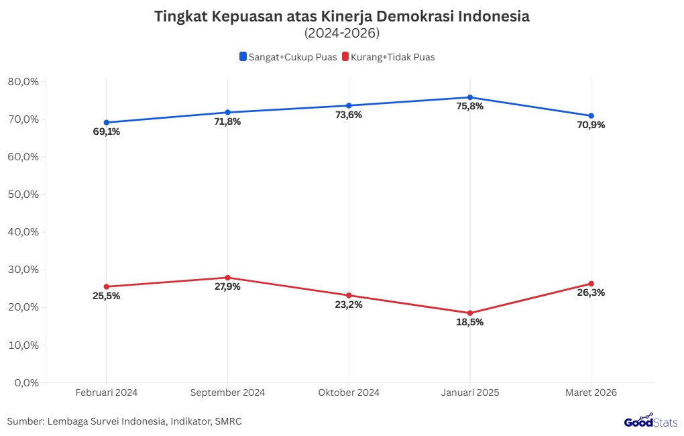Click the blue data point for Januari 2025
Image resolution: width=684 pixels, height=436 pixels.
469,97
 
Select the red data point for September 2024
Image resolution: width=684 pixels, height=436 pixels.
227,278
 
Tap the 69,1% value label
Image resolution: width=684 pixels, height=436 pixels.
106,131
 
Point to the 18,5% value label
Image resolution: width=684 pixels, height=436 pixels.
469,322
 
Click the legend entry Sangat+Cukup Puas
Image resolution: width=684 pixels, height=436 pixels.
288,57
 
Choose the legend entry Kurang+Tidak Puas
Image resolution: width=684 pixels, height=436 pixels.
388,57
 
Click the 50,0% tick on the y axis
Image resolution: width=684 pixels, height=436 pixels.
24,195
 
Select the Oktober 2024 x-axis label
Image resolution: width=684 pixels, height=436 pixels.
349,392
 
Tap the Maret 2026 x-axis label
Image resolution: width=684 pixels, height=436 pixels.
591,392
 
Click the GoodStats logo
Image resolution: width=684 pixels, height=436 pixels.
650,421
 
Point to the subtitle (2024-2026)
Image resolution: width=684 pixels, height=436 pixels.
341,33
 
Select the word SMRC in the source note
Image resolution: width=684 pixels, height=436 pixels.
229,421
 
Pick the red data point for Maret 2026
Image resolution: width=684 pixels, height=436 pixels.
591,284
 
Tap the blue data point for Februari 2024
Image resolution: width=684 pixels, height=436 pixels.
106,123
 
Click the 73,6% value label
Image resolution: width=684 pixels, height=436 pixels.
349,115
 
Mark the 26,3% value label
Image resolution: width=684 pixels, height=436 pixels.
591,292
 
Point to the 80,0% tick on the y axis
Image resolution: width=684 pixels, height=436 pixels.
24,82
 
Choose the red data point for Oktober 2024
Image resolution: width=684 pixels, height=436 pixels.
349,295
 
